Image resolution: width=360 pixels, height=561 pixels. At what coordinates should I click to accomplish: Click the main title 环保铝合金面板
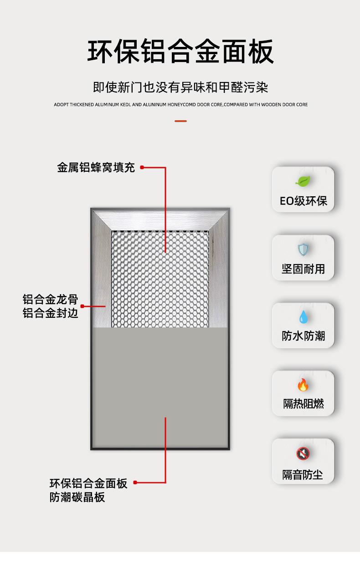click(x=180, y=51)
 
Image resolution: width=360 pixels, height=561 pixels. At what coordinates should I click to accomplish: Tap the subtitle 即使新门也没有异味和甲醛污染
click(x=180, y=87)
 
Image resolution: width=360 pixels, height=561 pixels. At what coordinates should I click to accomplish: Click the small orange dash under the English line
click(x=180, y=121)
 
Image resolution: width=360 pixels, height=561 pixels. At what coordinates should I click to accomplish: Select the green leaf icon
click(x=303, y=181)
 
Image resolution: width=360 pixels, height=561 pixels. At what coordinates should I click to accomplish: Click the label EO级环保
click(x=303, y=201)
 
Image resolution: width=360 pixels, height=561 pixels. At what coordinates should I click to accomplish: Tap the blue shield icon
click(x=303, y=249)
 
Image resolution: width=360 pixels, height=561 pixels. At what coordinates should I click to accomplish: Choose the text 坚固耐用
click(x=303, y=269)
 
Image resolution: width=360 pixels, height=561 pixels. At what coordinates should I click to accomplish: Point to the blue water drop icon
click(x=303, y=316)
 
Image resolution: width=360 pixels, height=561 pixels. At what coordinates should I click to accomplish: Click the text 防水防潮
click(x=303, y=336)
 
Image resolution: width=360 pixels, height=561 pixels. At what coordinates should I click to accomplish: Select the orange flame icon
click(x=303, y=385)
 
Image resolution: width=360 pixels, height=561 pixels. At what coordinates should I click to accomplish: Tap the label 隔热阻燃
click(x=303, y=404)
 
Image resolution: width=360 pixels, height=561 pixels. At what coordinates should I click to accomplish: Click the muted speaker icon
click(x=303, y=453)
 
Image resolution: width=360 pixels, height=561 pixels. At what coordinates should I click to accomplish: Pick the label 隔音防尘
click(x=303, y=474)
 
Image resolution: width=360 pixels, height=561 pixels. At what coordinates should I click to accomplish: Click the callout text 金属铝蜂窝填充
click(x=96, y=168)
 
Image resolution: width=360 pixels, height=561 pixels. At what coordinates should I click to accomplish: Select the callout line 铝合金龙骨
click(x=50, y=300)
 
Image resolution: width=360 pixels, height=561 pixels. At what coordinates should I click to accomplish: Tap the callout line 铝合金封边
click(x=50, y=313)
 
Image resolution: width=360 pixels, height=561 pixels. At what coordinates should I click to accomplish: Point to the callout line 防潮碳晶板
click(x=77, y=497)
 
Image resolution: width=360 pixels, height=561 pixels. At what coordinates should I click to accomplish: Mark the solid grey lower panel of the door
click(x=160, y=387)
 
